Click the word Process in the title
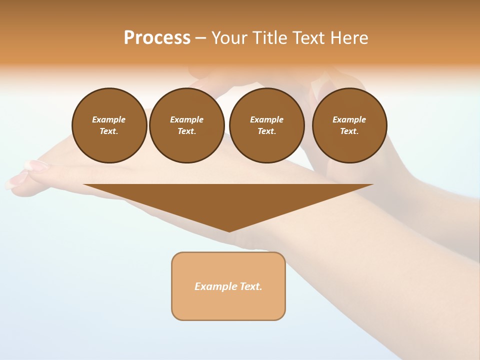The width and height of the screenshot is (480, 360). (157, 37)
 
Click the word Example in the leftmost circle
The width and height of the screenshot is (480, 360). (109, 119)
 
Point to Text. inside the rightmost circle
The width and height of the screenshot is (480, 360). (349, 131)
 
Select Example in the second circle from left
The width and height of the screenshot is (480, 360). (186, 119)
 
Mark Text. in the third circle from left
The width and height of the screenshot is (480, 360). (266, 131)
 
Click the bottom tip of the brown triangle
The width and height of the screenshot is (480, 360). (229, 230)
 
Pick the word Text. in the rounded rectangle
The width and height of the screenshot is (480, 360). (251, 286)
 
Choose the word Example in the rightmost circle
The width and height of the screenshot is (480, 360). (349, 119)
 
